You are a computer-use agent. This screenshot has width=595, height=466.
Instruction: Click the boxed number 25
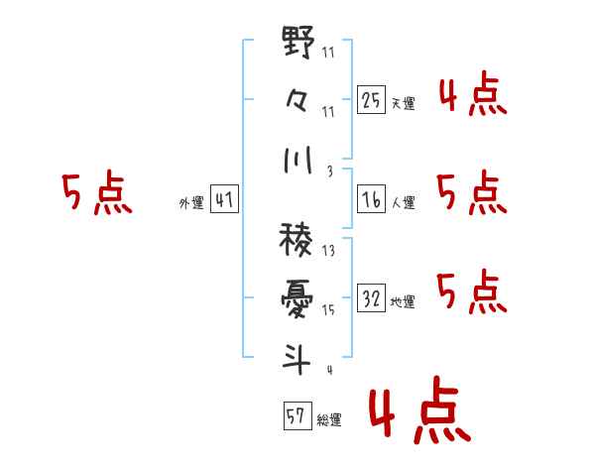371,100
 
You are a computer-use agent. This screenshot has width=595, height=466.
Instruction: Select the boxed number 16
371,199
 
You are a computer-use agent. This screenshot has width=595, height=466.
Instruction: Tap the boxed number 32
371,298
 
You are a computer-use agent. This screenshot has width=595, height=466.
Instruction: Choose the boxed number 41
224,201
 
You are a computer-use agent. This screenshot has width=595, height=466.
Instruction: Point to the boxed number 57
296,415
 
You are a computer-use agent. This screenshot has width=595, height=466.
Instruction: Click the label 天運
403,103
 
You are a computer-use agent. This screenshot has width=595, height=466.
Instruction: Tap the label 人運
403,203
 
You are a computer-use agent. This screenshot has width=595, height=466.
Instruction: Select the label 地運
403,302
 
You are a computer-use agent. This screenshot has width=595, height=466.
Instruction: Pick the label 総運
329,419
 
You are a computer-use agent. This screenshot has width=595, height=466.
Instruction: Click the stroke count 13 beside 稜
328,252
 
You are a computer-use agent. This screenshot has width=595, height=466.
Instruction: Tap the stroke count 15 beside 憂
328,309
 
